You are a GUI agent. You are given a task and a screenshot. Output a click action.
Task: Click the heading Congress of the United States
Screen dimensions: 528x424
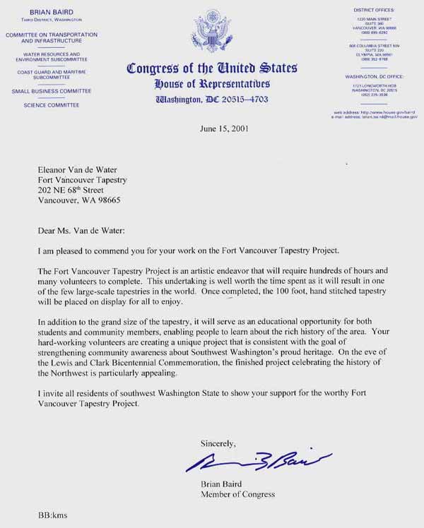tap(211, 68)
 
